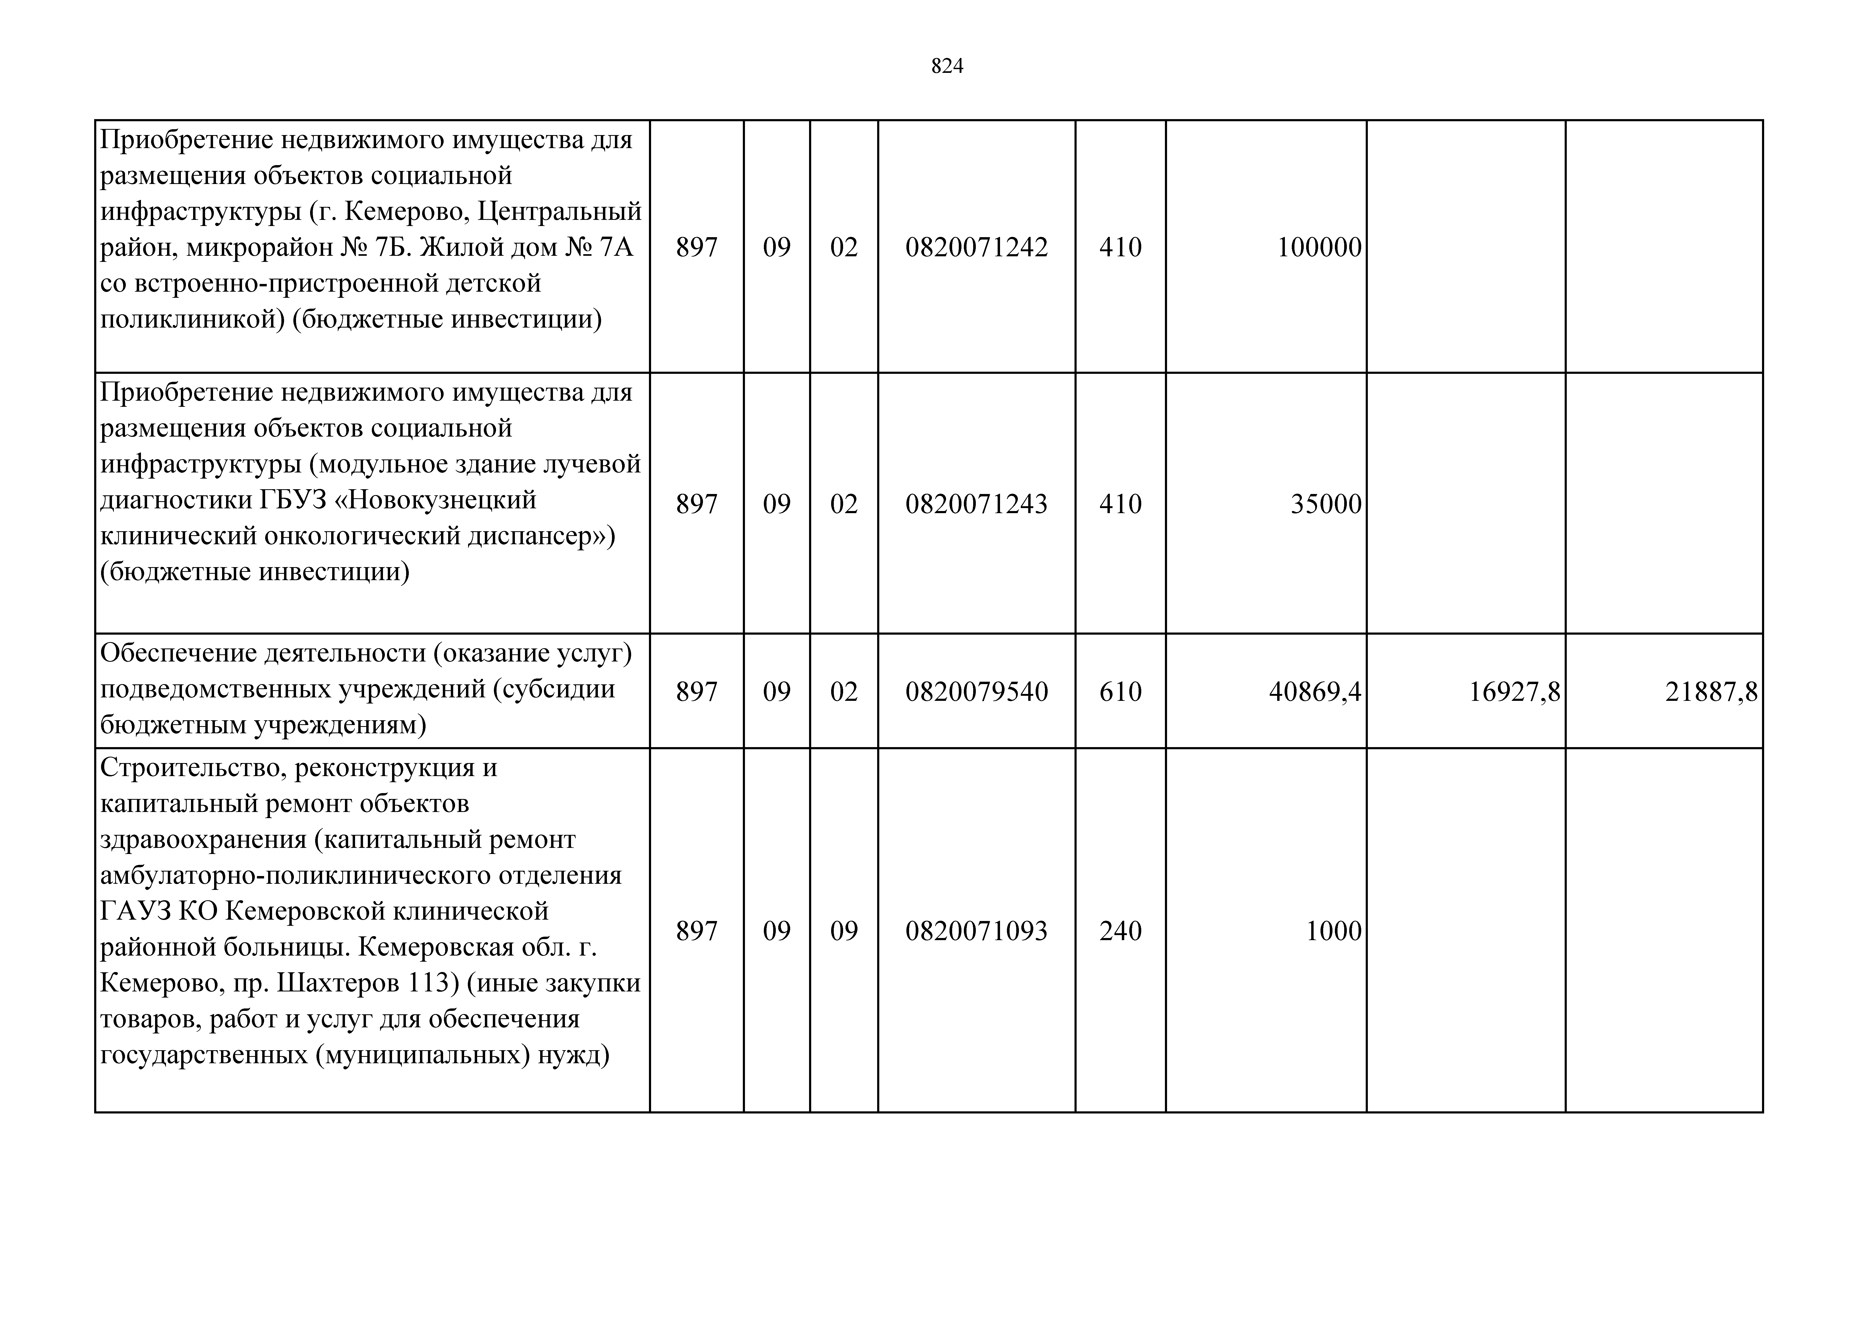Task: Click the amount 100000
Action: [1318, 247]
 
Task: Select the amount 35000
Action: [1326, 504]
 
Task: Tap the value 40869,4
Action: [1314, 692]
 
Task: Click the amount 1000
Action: [1333, 931]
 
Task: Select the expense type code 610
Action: [1120, 692]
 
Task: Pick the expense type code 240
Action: [1120, 931]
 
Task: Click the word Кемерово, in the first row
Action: [406, 211]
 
